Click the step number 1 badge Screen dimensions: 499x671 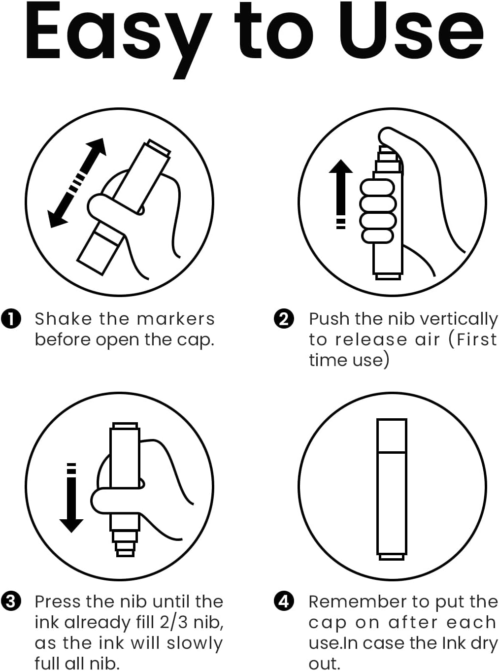pyautogui.click(x=11, y=319)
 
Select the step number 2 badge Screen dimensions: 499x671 pyautogui.click(x=284, y=319)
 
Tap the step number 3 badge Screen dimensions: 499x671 pyautogui.click(x=11, y=602)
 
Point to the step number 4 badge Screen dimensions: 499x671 pyautogui.click(x=284, y=602)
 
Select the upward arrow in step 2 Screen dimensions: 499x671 pyautogui.click(x=341, y=194)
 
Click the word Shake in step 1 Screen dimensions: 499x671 pyautogui.click(x=63, y=319)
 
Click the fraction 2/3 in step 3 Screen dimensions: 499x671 pyautogui.click(x=173, y=622)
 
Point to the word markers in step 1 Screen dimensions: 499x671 pyautogui.click(x=176, y=319)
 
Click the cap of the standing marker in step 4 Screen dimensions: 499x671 pyautogui.click(x=392, y=436)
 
